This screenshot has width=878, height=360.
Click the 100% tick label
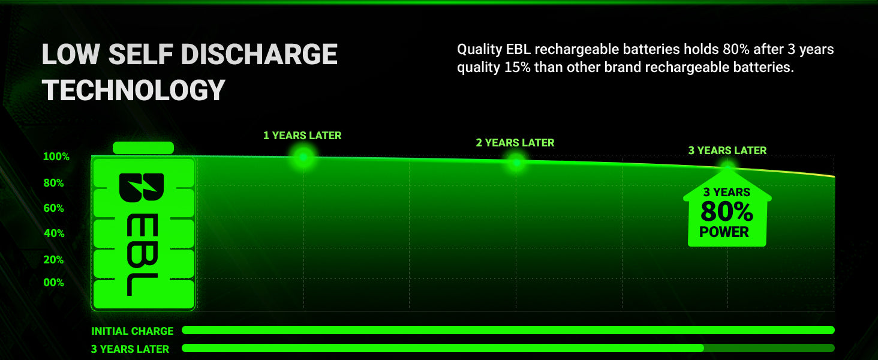[x=56, y=157]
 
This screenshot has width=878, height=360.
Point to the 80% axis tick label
[x=54, y=183]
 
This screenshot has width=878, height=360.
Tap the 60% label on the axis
[x=54, y=208]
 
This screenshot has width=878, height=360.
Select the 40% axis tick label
[x=54, y=233]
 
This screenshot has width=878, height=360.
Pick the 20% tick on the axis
[x=54, y=260]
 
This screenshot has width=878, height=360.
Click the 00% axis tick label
[x=54, y=283]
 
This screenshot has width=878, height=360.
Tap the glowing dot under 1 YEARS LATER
[x=303, y=157]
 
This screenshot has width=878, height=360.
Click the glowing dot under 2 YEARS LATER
[x=516, y=162]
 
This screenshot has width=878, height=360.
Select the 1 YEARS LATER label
[x=302, y=136]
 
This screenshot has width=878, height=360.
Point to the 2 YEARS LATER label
[x=515, y=143]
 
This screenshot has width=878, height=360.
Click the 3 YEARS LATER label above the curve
[x=727, y=151]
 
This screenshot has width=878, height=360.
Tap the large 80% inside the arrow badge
[x=727, y=212]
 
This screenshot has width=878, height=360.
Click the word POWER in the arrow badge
[x=724, y=232]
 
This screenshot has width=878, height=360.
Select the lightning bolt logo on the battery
[x=142, y=188]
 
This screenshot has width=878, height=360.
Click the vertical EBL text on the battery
[x=142, y=256]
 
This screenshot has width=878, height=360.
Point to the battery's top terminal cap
[x=143, y=148]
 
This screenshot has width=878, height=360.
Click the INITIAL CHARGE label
[x=133, y=331]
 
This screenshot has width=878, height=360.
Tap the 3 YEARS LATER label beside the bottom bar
[x=130, y=349]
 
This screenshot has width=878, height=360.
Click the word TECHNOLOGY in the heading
[x=134, y=90]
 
